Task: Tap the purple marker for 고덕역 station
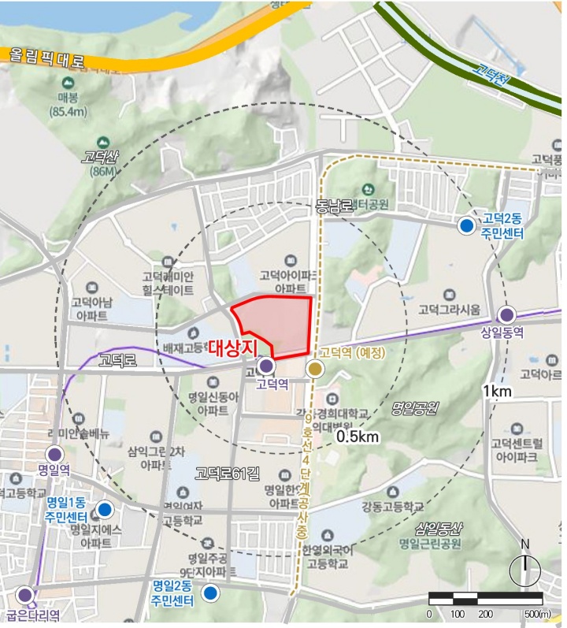point(266,366)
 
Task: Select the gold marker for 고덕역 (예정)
point(315,368)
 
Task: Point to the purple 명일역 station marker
point(54,454)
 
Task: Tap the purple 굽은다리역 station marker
point(25,595)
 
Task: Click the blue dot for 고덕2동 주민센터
point(467,226)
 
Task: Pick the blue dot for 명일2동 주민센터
point(210,593)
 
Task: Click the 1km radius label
point(498,392)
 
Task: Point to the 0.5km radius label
point(358,436)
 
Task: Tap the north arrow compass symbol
point(524,567)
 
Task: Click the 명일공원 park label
point(415,408)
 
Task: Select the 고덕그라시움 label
point(449,308)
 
